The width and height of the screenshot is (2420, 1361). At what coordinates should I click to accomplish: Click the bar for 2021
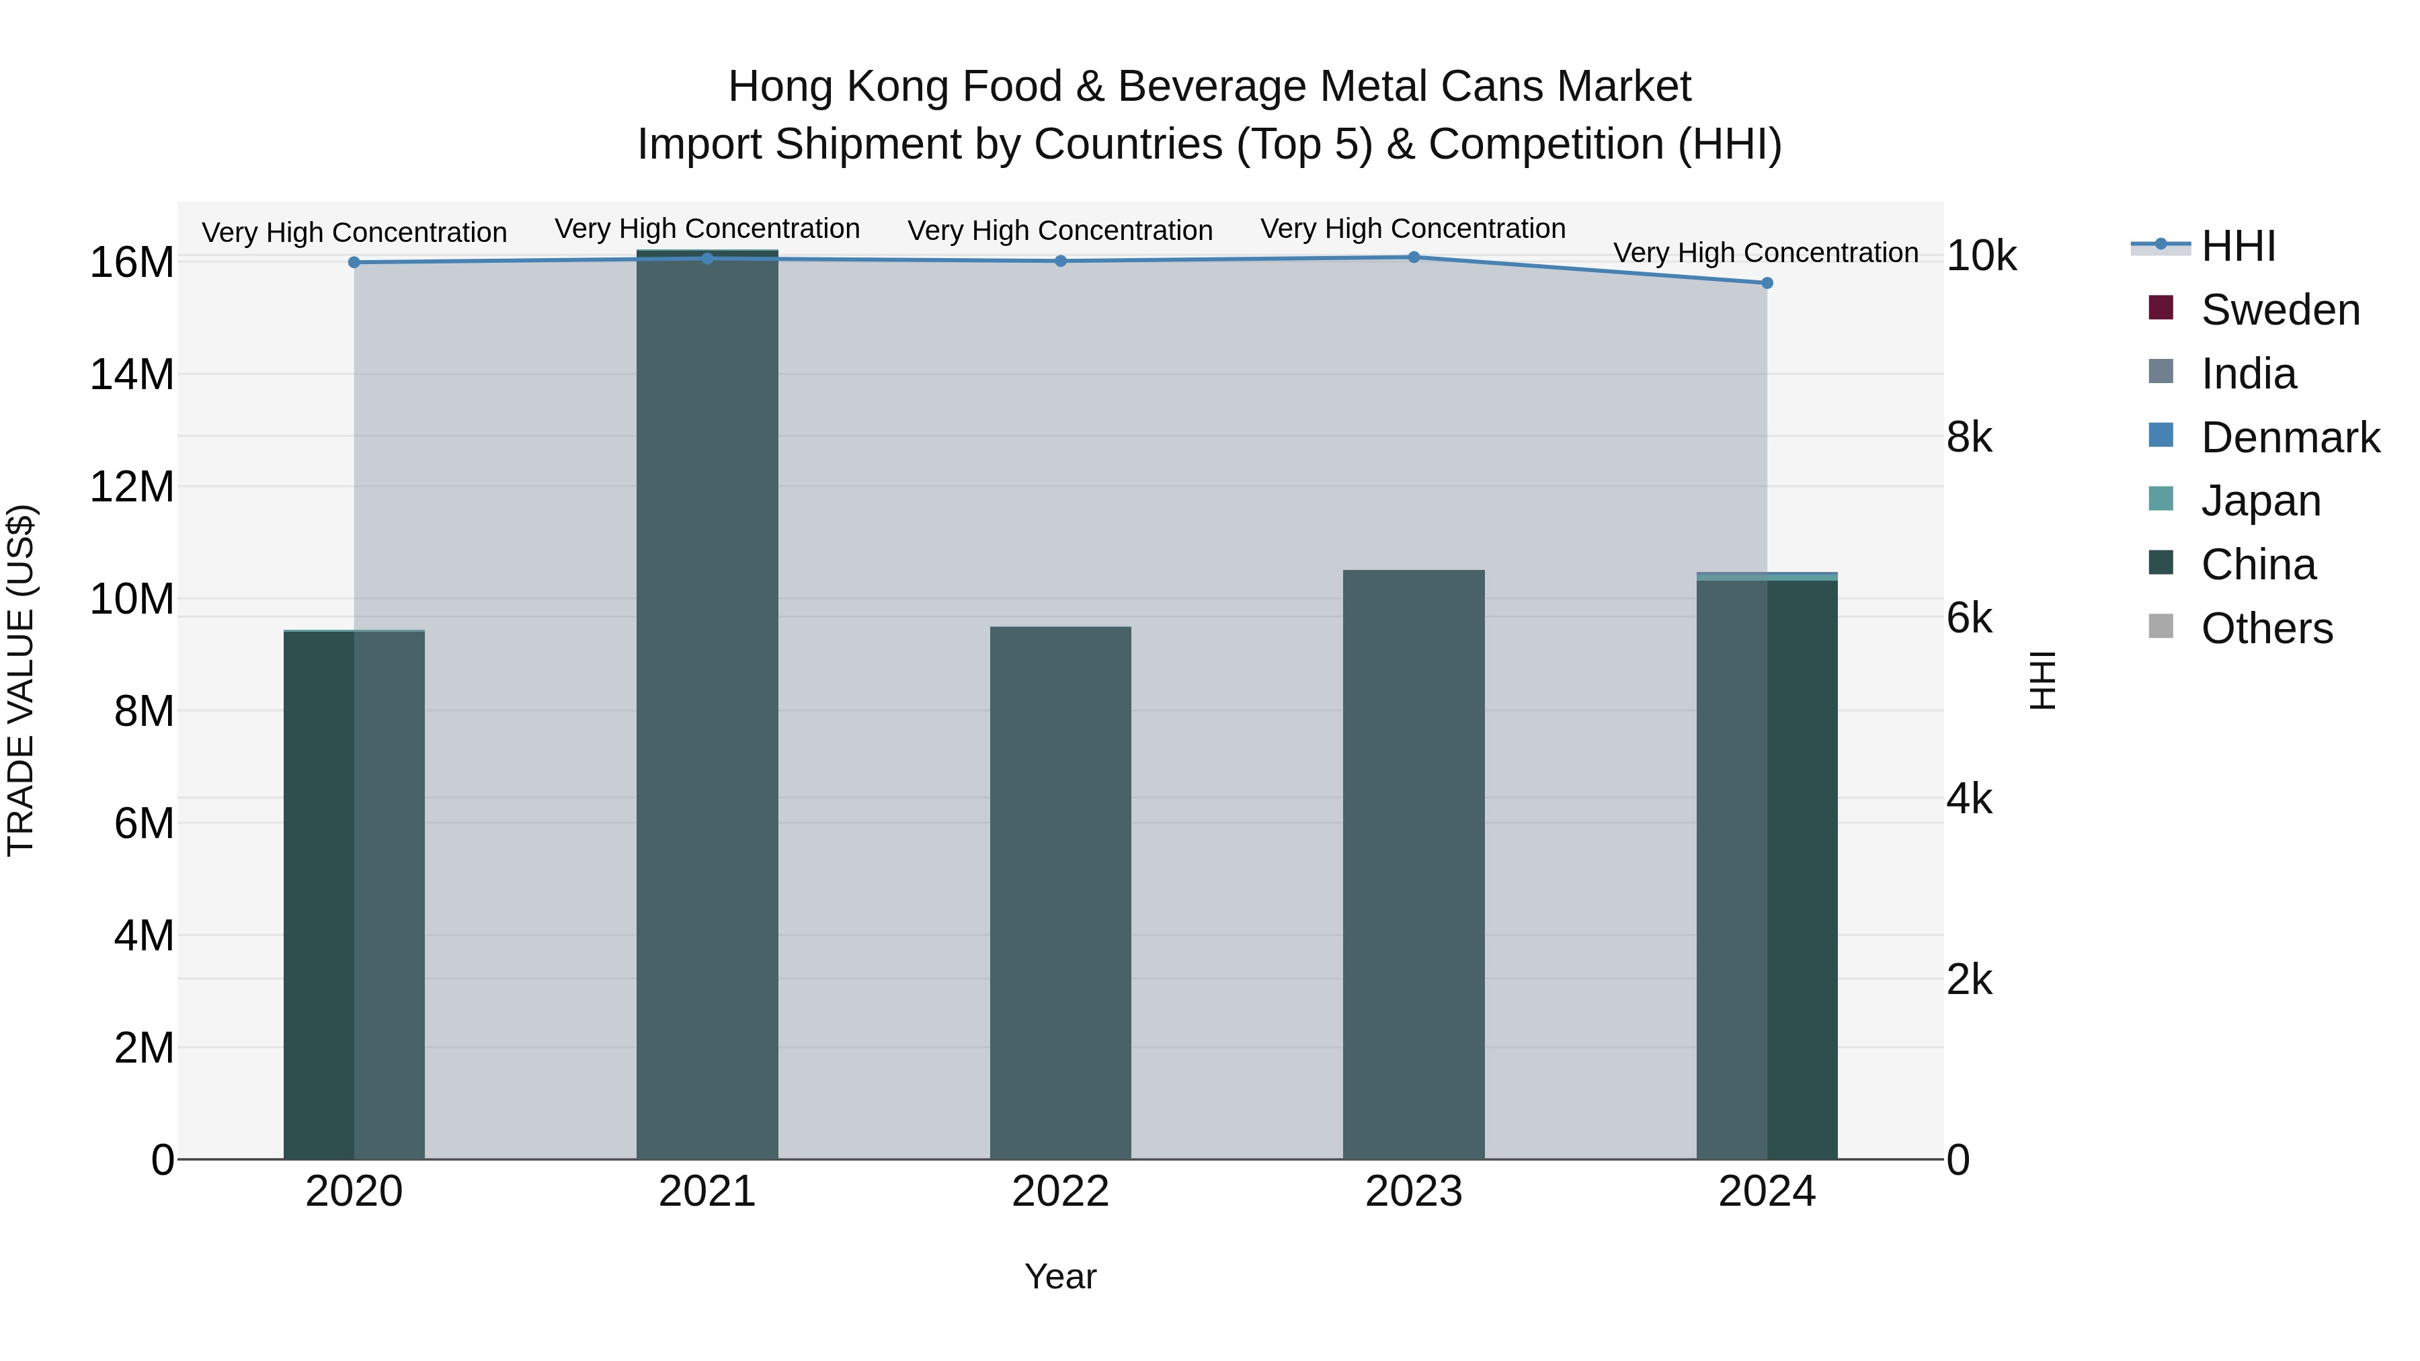(x=707, y=704)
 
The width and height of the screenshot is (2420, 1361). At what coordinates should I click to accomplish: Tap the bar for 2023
(x=1413, y=864)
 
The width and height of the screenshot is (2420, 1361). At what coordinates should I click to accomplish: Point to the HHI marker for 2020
(x=354, y=262)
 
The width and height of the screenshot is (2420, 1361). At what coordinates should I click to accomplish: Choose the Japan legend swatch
(x=2161, y=499)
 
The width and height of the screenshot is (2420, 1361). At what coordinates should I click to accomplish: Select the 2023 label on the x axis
(x=1413, y=1192)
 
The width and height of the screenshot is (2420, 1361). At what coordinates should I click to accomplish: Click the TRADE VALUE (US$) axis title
(x=21, y=680)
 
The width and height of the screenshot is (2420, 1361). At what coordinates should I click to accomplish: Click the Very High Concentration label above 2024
(x=1765, y=253)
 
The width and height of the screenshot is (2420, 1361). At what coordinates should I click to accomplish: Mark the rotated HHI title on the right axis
(x=2042, y=680)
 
